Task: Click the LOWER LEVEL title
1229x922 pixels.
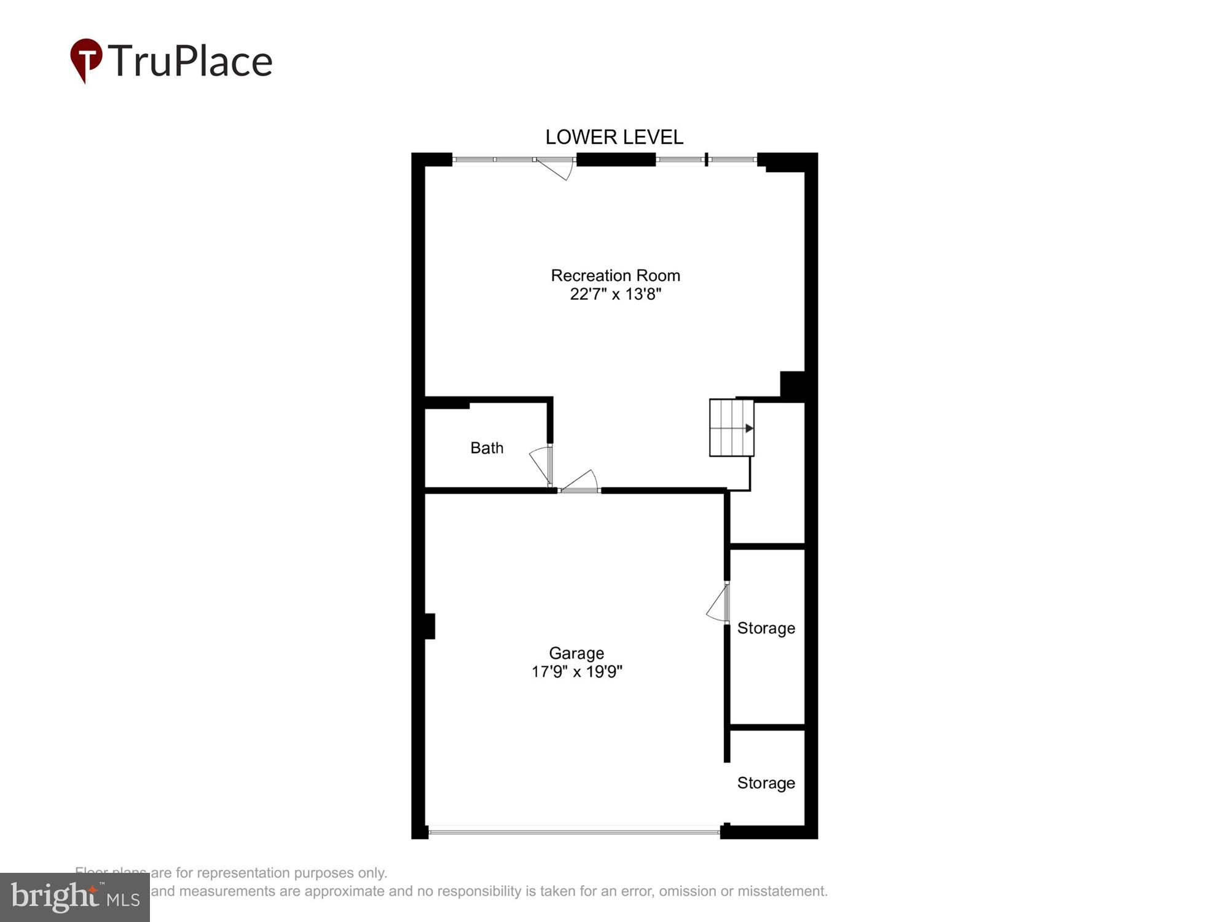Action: (614, 137)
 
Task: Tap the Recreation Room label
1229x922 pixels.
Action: (615, 275)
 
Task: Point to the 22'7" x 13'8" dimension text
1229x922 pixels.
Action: (615, 294)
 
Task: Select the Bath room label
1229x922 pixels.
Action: (487, 448)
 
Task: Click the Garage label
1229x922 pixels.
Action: (576, 653)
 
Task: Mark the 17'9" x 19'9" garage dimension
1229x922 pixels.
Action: (576, 671)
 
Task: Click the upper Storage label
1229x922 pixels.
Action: (766, 628)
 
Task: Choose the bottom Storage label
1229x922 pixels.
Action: (766, 783)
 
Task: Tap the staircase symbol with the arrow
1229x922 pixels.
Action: (731, 428)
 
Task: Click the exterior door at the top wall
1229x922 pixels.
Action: (555, 167)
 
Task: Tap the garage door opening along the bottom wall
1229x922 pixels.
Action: (574, 832)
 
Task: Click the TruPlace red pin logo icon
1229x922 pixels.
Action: (86, 59)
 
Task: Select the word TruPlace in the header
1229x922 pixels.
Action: (190, 61)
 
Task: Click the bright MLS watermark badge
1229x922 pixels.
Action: (74, 897)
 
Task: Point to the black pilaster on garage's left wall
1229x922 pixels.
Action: (430, 626)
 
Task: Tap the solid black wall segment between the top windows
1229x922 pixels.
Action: (616, 160)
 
